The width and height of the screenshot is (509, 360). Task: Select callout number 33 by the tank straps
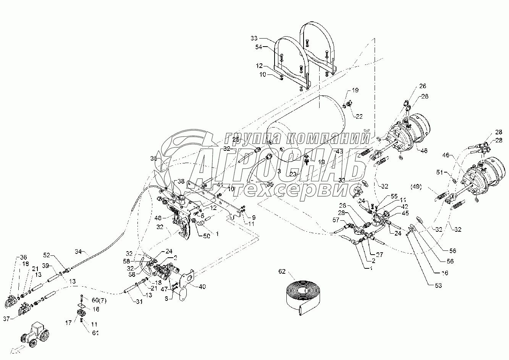point(254,38)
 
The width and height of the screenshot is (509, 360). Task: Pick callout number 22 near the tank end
point(359,116)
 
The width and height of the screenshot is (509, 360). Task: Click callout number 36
point(23,257)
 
